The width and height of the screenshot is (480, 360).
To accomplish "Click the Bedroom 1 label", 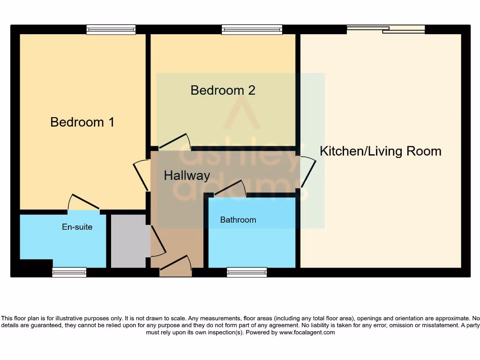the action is click(x=82, y=122).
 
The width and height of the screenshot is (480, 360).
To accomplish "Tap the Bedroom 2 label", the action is click(x=223, y=90).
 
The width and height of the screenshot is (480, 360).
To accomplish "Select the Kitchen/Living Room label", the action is click(x=381, y=151).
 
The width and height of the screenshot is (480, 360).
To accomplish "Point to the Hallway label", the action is click(x=187, y=176).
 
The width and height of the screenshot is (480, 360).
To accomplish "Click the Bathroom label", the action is click(x=238, y=220).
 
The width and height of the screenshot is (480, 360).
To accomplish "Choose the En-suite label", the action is click(x=77, y=227).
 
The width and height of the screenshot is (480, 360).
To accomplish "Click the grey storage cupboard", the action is click(x=128, y=241).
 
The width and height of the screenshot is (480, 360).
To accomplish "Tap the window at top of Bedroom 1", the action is click(x=111, y=30).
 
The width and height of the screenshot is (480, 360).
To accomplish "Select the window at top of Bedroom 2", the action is click(x=252, y=30).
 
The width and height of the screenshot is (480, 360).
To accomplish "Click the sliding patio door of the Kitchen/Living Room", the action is click(x=386, y=30).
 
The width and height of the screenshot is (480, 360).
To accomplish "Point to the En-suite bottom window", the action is click(x=69, y=272).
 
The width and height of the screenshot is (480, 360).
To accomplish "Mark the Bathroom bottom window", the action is click(x=247, y=272).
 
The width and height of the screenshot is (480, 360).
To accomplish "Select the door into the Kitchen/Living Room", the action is click(x=308, y=172).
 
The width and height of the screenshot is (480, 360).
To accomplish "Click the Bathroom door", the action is click(x=230, y=187).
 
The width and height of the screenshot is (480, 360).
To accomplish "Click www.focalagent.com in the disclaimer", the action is click(x=307, y=332).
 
